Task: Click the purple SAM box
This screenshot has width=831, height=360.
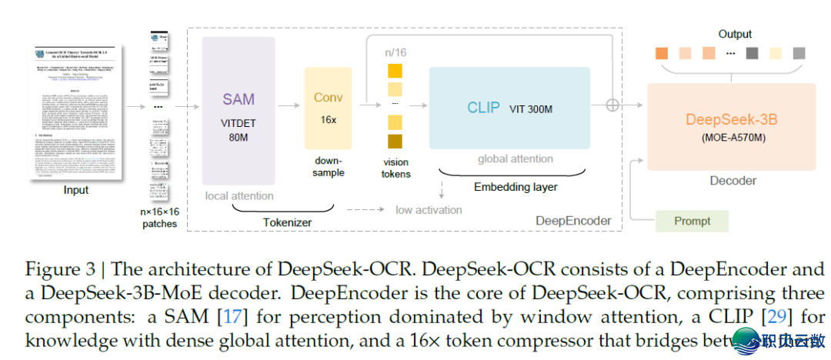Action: pyautogui.click(x=238, y=111)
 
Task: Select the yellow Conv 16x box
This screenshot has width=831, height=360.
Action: pyautogui.click(x=328, y=108)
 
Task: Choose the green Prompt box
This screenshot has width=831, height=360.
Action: pyautogui.click(x=691, y=221)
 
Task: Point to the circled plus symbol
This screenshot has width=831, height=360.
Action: pyautogui.click(x=612, y=105)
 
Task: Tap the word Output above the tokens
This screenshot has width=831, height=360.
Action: pyautogui.click(x=735, y=34)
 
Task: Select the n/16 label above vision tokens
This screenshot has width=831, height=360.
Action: pyautogui.click(x=395, y=52)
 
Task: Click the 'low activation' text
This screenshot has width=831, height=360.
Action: pyautogui.click(x=429, y=210)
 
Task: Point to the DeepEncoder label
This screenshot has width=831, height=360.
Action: pyautogui.click(x=573, y=222)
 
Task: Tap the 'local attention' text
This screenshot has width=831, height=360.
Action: pyautogui.click(x=239, y=195)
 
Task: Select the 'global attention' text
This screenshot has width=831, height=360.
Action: pyautogui.click(x=515, y=159)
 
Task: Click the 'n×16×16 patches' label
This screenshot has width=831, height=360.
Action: pyautogui.click(x=159, y=217)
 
